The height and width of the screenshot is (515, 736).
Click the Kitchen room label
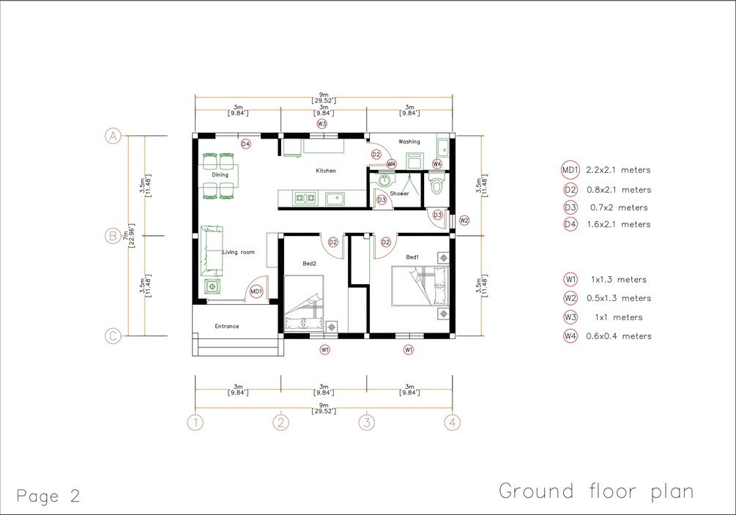[326, 171]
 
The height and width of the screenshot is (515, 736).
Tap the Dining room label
[220, 174]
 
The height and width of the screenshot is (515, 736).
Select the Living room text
[239, 252]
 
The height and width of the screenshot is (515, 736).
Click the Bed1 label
[412, 257]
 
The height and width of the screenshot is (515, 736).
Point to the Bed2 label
[309, 264]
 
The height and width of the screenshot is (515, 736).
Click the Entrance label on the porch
[227, 326]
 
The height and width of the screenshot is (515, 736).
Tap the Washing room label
[409, 141]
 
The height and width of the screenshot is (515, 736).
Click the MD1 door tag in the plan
[256, 292]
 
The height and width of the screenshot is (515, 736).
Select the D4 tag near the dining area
[245, 144]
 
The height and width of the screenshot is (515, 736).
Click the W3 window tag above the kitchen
[321, 124]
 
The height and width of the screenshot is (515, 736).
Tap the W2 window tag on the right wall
[464, 221]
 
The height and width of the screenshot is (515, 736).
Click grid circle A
[113, 136]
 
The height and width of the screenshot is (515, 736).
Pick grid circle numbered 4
[453, 423]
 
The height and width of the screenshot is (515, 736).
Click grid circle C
[113, 336]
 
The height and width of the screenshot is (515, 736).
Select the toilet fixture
[436, 182]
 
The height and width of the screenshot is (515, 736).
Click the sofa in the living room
[212, 251]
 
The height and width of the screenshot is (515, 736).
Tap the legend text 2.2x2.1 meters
[618, 170]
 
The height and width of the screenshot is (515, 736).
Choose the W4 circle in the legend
[570, 336]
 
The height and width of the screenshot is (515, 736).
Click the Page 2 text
[48, 496]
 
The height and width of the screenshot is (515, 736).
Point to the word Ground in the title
[536, 491]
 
